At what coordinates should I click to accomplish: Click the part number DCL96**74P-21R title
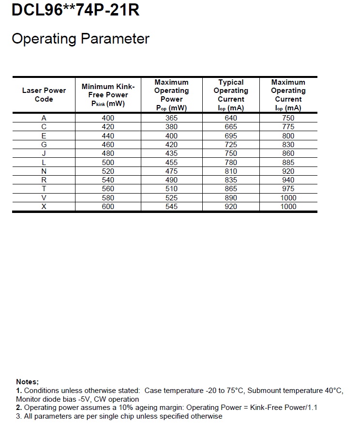pos(75,10)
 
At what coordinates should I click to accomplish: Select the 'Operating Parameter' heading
pos(80,39)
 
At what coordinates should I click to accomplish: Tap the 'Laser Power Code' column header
pos(44,94)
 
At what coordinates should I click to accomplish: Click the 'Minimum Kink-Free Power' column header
pos(108,95)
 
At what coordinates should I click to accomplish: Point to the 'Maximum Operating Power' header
pos(171,95)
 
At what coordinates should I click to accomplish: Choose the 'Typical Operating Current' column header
pos(231,95)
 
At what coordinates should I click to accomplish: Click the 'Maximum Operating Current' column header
pos(288,95)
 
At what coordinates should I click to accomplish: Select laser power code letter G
pos(44,145)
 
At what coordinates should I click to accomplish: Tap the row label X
pos(44,207)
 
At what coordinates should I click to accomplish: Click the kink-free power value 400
pos(108,118)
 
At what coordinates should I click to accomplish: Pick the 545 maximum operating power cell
pos(171,207)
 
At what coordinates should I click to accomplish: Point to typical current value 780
pos(231,162)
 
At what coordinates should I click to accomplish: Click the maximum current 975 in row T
pos(288,189)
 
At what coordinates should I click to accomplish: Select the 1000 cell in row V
pos(288,197)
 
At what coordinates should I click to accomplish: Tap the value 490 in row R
pos(171,180)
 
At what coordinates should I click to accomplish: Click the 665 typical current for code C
pos(231,127)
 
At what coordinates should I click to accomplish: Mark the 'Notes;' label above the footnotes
pos(27,382)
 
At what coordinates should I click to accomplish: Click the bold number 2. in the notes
pos(19,408)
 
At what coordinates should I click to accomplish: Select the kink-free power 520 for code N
pos(108,171)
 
